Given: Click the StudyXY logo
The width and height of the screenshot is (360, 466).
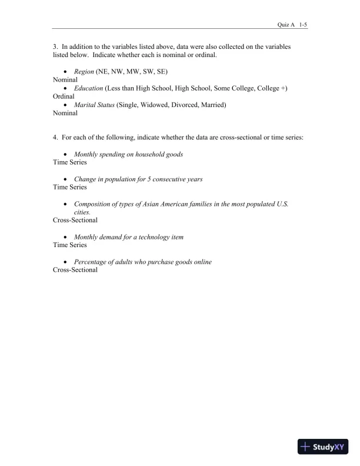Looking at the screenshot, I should tap(324, 447).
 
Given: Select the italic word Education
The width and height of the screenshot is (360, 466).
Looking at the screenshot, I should tap(88, 88).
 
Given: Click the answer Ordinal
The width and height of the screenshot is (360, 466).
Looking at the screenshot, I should tap(64, 96).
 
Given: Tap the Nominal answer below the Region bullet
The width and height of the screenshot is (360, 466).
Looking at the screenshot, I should tap(65, 79).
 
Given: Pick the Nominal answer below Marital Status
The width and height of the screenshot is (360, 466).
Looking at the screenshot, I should tap(65, 113).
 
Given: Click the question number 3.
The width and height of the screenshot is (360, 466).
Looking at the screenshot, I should tap(55, 45).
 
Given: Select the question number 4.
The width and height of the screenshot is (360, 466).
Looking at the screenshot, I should tap(55, 137).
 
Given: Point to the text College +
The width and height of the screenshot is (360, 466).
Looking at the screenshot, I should tap(272, 88).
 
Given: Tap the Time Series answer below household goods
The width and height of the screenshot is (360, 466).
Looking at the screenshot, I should tap(69, 162).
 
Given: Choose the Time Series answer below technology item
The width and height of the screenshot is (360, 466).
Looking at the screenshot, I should tap(69, 245).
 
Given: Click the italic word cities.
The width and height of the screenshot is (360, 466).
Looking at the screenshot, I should tap(82, 211).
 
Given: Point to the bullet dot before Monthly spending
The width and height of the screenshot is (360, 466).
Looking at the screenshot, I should tap(64, 154).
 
